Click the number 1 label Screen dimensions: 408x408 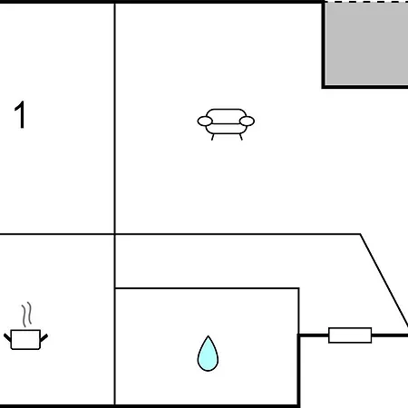click(21, 115)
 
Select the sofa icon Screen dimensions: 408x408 click(226, 124)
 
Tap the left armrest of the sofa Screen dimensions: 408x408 click(205, 121)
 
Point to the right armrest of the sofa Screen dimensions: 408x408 click(247, 121)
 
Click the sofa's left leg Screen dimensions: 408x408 click(213, 137)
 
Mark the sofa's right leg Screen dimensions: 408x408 click(241, 137)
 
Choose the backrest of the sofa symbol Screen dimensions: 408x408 click(226, 116)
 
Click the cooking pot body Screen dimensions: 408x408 click(25, 339)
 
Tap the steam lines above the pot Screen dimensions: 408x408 click(26, 315)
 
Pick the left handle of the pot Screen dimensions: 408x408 click(7, 337)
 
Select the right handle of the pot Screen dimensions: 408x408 click(44, 337)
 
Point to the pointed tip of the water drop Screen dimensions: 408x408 click(208, 335)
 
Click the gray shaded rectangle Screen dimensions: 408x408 click(366, 44)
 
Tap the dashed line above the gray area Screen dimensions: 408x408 click(366, 2)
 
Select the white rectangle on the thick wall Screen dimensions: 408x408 click(350, 335)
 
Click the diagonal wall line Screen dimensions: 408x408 click(384, 279)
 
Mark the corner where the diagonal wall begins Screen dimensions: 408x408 click(360, 234)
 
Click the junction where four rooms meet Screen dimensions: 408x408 click(115, 234)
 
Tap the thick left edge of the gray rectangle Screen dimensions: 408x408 click(323, 44)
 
